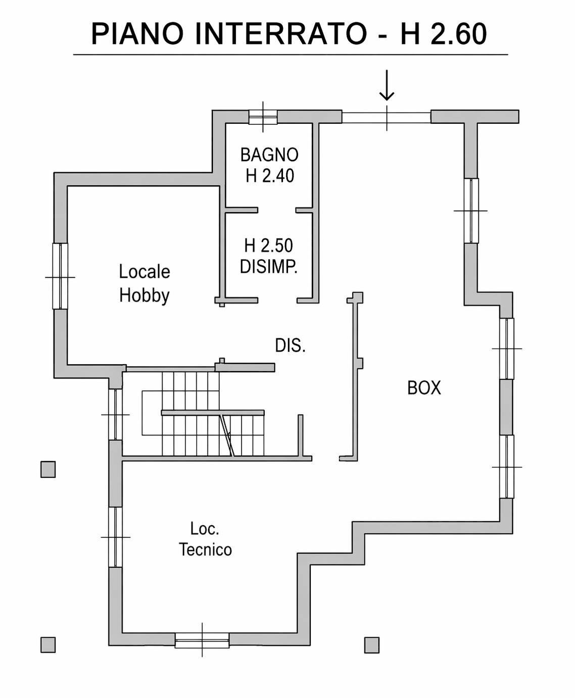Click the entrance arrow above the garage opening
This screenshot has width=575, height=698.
pos(387,85)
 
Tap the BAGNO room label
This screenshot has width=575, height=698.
pos(269,155)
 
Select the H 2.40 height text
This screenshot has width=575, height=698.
pos(270,175)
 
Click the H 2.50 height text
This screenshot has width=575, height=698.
pos(269,245)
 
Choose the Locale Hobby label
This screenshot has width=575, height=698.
pos(145,283)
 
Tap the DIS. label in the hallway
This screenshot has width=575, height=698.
pos(290,345)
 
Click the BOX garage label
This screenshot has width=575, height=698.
pos(424,388)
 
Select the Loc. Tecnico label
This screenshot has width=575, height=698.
pos(205,539)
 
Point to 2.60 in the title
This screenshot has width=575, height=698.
pos(458,34)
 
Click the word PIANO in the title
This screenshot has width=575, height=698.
pos(138,34)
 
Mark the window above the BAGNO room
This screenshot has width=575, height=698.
pos(263,117)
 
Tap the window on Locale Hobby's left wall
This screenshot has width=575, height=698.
pos(60,276)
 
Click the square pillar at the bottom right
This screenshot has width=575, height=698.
pos(371,645)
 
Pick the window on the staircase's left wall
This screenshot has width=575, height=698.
pos(115,415)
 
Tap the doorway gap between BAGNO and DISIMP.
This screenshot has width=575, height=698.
pos(276,210)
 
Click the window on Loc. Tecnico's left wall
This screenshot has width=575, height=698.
pos(115,537)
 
